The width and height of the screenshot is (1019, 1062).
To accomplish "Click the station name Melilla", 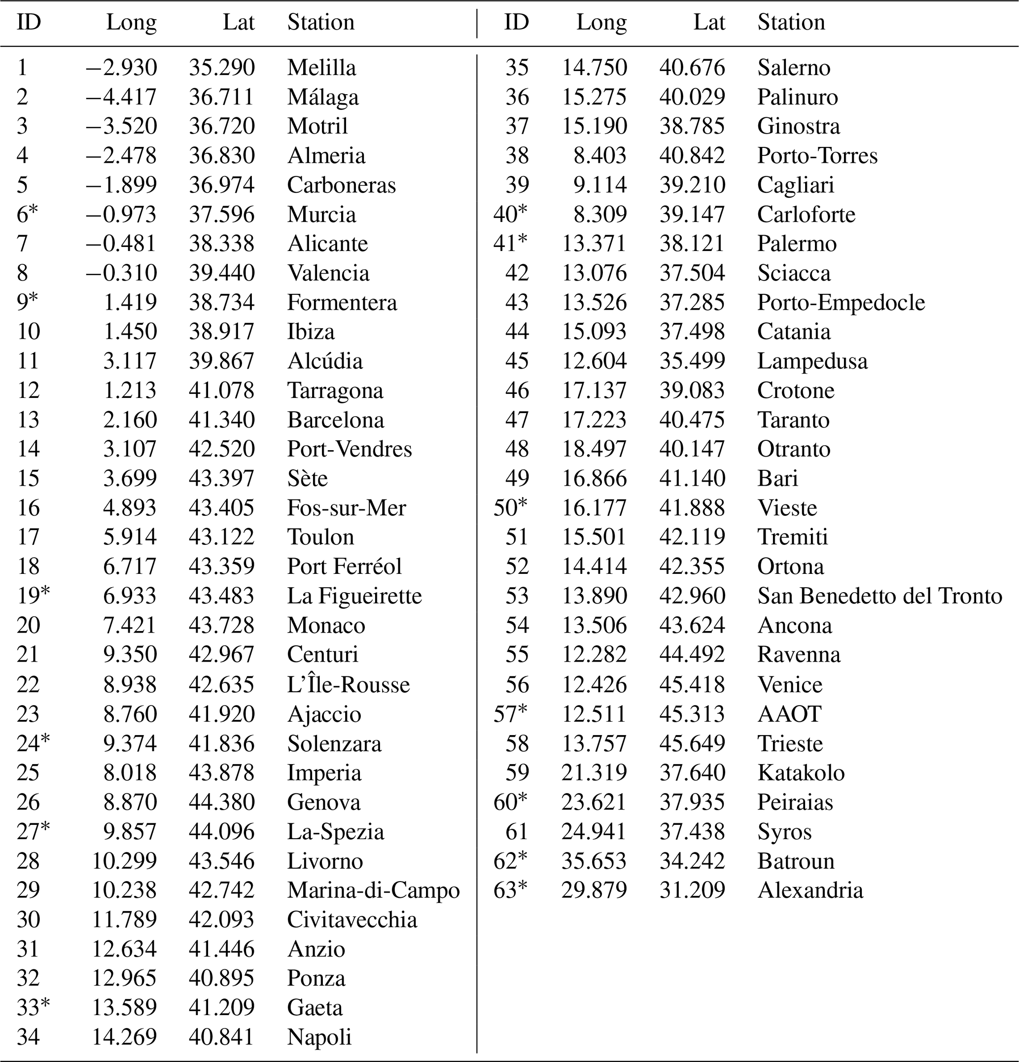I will coord(321,68).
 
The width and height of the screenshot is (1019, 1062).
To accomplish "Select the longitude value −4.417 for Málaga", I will coord(121,97).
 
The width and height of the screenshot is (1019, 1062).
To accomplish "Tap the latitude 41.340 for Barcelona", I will coord(221,420).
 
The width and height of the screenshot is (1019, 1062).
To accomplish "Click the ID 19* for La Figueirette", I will coord(33,596).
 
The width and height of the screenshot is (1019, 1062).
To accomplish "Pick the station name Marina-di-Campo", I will coord(373,890).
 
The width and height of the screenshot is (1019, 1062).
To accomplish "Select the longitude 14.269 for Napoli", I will coord(124,1037).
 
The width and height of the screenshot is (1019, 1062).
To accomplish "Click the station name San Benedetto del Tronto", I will coord(879,596).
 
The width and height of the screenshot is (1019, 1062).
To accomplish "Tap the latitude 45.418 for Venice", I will coord(692,684).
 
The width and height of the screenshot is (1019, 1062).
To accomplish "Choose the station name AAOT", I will coord(789,713).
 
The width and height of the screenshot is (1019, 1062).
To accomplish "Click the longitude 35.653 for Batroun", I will coord(594,861).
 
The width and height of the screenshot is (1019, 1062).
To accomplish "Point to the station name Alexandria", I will coord(810,890).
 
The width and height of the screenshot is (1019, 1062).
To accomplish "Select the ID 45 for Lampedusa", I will coord(517,361).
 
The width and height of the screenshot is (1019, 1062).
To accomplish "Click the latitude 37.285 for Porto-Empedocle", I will coord(692,302).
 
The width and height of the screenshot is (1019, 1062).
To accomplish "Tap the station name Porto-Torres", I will coord(817,155).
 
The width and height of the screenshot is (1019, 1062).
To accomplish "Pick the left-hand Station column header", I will coord(321,22).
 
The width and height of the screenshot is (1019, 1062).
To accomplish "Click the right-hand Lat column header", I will coord(709,22).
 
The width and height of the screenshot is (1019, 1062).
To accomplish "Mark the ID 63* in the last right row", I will coord(510,890).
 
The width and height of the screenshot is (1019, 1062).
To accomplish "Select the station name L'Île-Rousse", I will coord(349,684).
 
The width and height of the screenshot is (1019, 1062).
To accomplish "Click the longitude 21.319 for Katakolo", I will coord(594,773).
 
